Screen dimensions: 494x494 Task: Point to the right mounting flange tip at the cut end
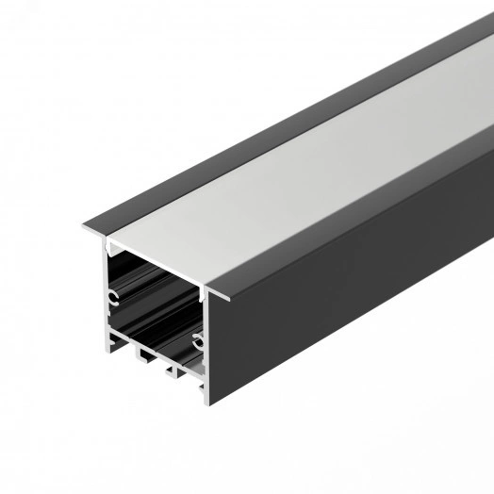click(225, 297)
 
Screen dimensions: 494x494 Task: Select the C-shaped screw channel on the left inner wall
click(113, 300)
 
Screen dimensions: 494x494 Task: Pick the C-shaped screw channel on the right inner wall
click(197, 338)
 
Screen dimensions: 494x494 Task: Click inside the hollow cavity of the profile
click(156, 302)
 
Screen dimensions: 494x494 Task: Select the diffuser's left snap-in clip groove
click(112, 248)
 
